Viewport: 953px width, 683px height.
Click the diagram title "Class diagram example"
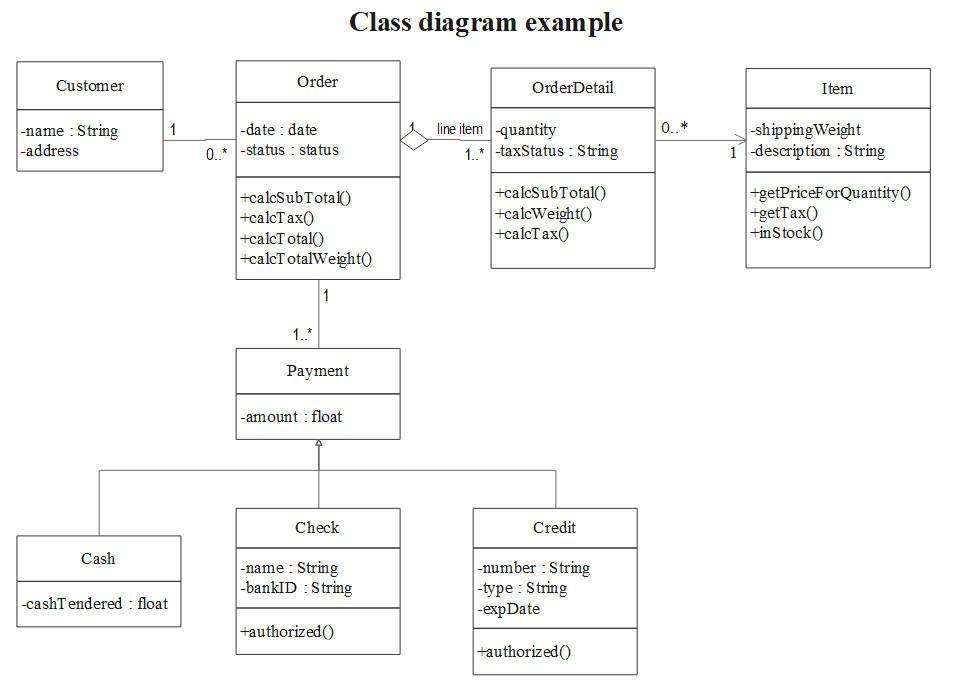(486, 22)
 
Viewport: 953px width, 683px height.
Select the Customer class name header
(90, 86)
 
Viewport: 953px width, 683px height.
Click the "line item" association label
(460, 129)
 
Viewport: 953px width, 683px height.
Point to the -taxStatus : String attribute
(557, 151)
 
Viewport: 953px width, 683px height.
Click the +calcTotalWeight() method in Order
(306, 259)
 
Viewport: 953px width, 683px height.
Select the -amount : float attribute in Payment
(291, 416)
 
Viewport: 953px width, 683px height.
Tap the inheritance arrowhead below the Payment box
(318, 446)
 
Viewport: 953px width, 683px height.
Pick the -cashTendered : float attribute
(95, 603)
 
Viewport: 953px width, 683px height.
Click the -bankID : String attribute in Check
(296, 587)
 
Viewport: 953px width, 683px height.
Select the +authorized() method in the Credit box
(524, 651)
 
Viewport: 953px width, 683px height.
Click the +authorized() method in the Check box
(287, 631)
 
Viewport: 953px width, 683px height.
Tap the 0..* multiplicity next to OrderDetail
(674, 128)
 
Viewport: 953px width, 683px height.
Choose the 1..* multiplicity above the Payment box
(302, 333)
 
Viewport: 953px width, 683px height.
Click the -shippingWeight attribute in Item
(806, 130)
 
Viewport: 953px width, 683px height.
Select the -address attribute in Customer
(50, 151)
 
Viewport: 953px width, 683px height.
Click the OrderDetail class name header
(572, 88)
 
